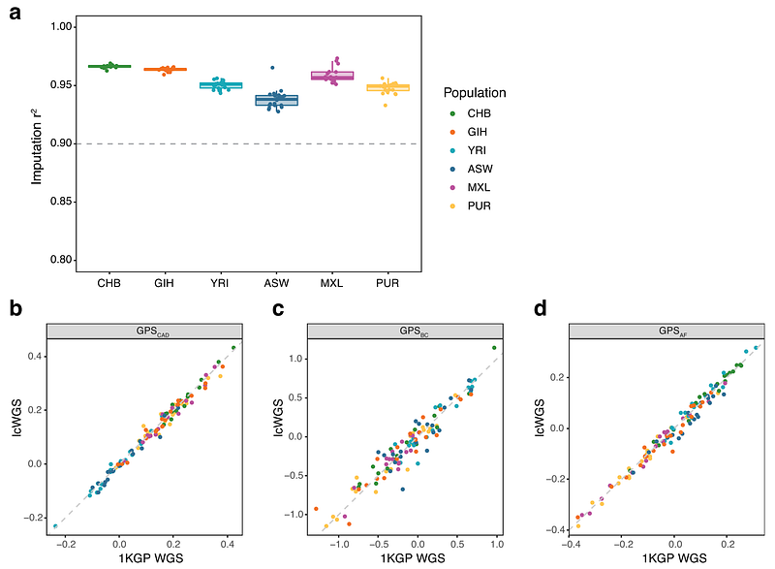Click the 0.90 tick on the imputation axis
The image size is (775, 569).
62,143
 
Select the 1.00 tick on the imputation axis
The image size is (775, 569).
62,27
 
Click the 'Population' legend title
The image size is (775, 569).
475,93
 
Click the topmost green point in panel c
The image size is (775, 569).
494,348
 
